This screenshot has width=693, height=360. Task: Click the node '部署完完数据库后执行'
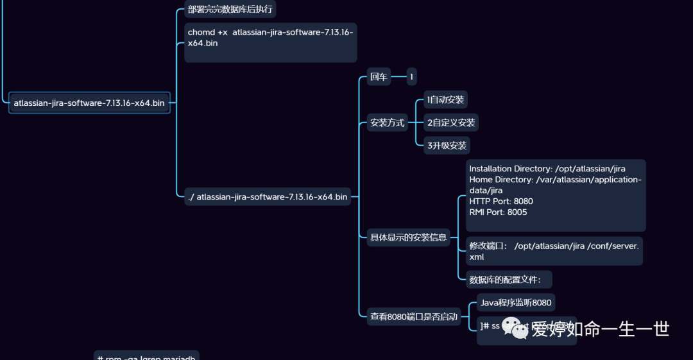tap(230, 9)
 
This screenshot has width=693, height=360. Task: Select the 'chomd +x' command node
tap(270, 38)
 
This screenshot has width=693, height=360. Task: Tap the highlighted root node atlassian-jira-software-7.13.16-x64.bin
tap(89, 103)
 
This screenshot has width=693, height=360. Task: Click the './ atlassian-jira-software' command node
tap(268, 197)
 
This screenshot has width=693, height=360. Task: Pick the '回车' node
tap(378, 78)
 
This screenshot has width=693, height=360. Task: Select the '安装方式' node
tap(388, 123)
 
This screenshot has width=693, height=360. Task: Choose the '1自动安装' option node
tap(445, 100)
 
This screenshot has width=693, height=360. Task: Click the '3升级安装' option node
tap(447, 145)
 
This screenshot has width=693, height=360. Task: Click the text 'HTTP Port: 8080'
tap(501, 201)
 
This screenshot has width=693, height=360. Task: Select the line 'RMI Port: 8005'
tap(498, 212)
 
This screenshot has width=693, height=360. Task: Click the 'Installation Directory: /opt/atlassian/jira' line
tap(547, 169)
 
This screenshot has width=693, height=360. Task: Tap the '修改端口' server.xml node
tap(554, 251)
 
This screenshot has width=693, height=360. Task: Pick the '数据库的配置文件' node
tap(505, 279)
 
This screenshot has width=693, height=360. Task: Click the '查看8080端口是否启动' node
tap(413, 316)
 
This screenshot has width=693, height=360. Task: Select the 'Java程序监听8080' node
tap(516, 303)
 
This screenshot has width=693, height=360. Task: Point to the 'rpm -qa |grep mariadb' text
tap(151, 356)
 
